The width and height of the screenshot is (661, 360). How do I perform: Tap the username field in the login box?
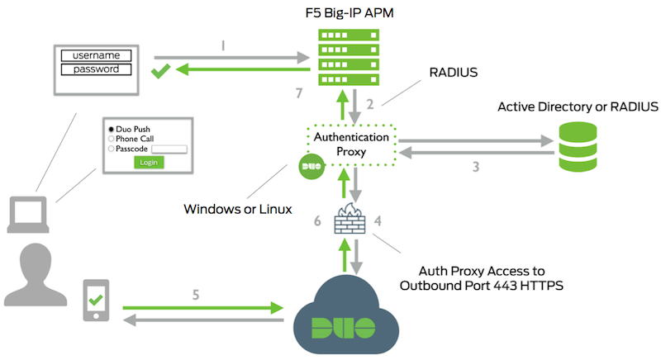(96, 55)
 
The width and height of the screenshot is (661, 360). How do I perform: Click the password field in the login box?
(96, 69)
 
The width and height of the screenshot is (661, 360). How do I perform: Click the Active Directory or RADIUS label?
(578, 107)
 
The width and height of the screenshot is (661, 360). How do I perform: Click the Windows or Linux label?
(237, 208)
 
